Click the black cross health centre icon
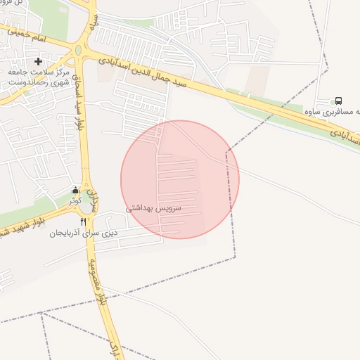click(38, 62)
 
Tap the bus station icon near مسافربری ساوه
click(339, 101)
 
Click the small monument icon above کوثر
click(76, 190)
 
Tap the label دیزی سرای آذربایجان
click(83, 233)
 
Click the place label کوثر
click(75, 200)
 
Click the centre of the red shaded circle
click(180, 179)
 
